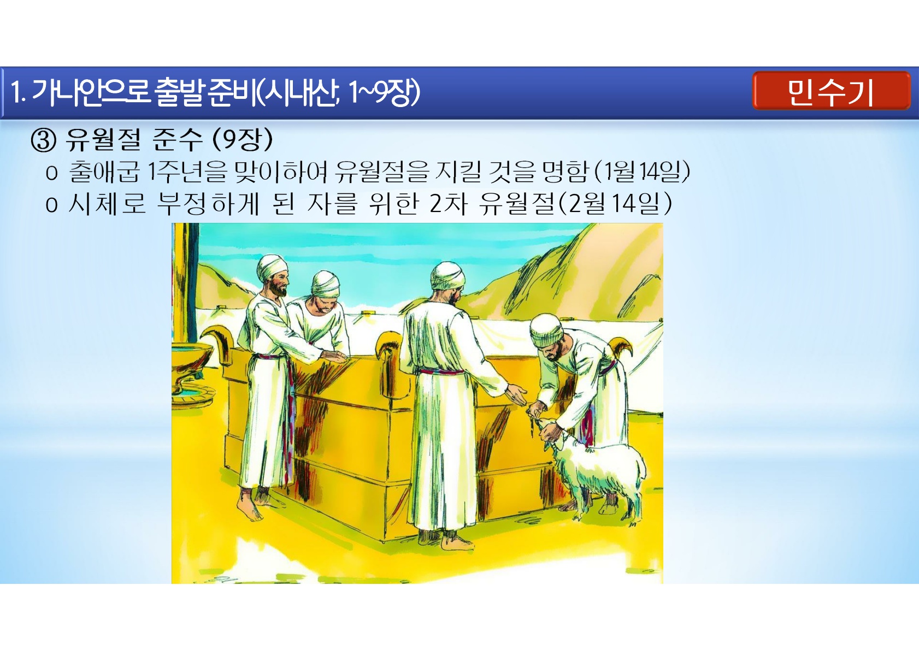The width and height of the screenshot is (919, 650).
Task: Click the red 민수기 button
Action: pos(831,91)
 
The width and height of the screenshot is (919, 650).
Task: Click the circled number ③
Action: pos(44,140)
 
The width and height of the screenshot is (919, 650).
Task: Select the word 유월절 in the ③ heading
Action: pos(103,140)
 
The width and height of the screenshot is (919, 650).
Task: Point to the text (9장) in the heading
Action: pos(243,140)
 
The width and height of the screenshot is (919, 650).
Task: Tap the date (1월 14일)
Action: pos(641,171)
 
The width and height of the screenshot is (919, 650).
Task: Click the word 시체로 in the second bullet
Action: pos(107,203)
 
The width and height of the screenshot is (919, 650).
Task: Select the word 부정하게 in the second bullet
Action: pos(208,203)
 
